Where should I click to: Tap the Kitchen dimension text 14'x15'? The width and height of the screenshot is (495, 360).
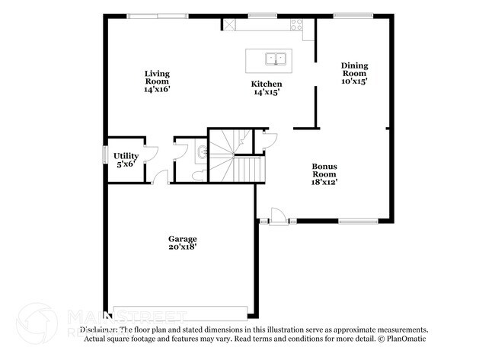click(x=267, y=92)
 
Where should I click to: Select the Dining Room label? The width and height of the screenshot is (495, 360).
click(x=354, y=70)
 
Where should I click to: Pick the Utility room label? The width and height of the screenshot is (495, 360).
click(x=126, y=155)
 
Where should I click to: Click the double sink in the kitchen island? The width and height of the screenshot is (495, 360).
click(x=274, y=58)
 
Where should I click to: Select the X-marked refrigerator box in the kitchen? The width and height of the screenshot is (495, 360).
click(x=228, y=24)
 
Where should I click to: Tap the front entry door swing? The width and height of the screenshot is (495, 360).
click(x=279, y=215)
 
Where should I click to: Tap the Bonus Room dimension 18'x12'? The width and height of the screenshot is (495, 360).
click(x=324, y=181)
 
